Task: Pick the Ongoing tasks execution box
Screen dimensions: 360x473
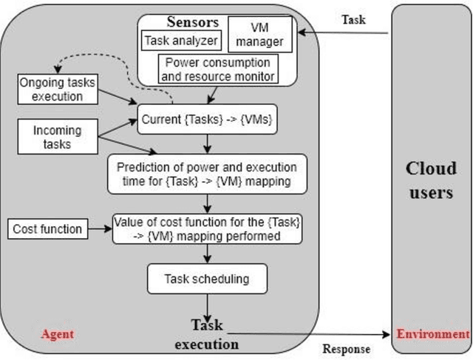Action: [52, 89]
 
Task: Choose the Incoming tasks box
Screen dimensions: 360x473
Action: [57, 137]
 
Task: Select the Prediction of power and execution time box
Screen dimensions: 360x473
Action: [207, 172]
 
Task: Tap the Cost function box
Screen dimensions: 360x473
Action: [47, 228]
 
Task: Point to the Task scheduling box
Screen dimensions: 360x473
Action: [207, 279]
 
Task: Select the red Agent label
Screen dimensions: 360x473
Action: [57, 335]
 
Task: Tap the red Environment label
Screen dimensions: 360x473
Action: [433, 334]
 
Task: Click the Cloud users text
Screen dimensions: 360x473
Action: [431, 181]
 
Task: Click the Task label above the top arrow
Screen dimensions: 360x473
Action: [352, 21]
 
